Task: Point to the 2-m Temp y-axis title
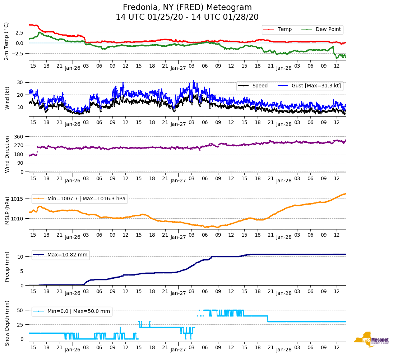6,41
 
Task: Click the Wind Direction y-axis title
7,154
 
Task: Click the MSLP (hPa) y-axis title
7,211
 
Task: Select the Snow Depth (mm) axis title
7,323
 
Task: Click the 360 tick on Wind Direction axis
19,137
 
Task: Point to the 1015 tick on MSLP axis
18,199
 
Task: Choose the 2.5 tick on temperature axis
19,33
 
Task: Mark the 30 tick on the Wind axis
20,82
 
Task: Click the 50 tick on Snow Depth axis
20,310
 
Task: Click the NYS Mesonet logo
371,340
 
